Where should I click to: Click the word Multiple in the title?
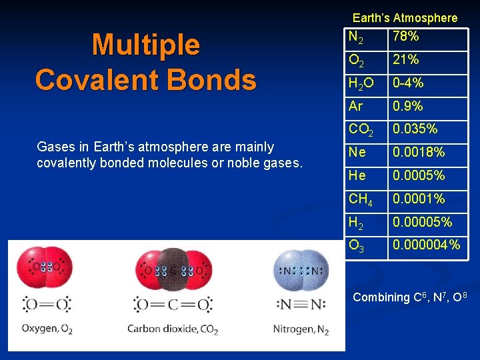145,45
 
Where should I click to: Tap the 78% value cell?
405,36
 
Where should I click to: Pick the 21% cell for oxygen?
405,59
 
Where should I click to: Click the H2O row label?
361,83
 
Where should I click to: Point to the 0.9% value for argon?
407,106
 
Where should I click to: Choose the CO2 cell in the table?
361,129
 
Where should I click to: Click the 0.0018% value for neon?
418,153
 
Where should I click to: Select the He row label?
357,176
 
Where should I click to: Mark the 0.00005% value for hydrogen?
422,222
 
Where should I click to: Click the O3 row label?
357,245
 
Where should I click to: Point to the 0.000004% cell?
426,245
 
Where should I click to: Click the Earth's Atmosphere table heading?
405,18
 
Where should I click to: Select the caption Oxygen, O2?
47,329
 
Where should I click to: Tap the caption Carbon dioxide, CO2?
173,329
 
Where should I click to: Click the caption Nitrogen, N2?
301,329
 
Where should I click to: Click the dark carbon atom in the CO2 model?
173,271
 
